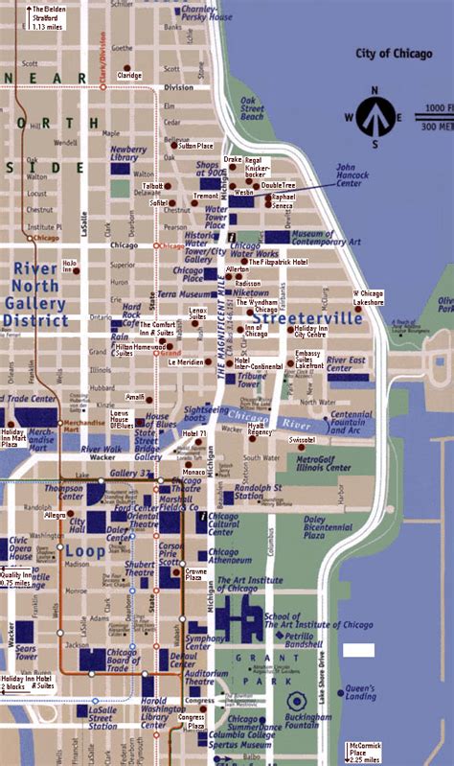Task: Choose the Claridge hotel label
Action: coord(129,75)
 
